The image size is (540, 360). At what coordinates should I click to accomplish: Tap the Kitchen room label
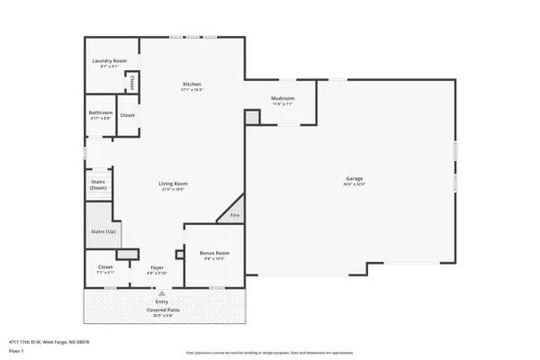(192, 84)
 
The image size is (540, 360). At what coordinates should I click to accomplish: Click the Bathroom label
(100, 112)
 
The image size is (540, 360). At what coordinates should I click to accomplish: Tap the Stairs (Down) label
(98, 184)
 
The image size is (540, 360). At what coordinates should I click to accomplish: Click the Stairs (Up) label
(103, 232)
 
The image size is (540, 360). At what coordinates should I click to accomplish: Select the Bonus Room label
(214, 254)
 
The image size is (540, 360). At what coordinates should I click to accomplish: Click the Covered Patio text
(162, 310)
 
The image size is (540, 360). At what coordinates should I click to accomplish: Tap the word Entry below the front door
(162, 301)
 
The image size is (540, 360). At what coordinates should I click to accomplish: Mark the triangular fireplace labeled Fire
(234, 215)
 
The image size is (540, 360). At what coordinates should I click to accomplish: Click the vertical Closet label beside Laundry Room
(132, 84)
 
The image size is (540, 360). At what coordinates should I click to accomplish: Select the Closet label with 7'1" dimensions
(105, 267)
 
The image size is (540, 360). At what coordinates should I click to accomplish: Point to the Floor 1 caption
(16, 351)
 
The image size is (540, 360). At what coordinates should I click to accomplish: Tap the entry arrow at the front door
(162, 292)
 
